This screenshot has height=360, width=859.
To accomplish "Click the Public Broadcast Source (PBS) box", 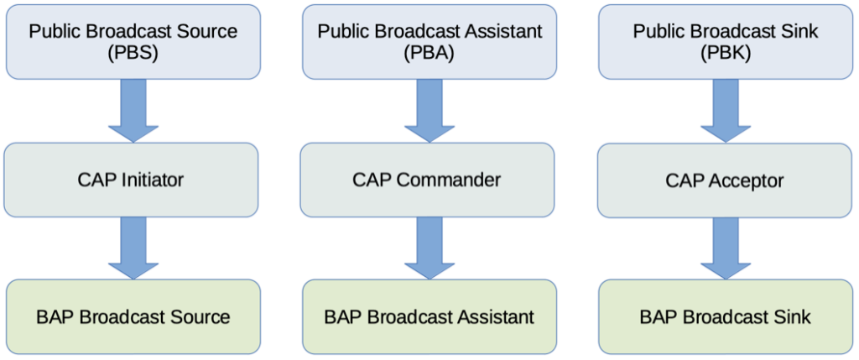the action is point(133,42).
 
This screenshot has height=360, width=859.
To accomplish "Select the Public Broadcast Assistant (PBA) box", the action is point(429,42).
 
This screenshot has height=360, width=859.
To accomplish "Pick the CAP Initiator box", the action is point(131,180).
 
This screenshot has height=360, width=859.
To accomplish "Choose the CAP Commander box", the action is point(427,180).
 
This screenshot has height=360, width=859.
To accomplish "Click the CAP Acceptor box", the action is point(724,180).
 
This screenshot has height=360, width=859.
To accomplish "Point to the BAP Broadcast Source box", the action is point(133,316).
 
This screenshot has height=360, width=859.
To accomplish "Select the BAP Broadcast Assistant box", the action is point(429,316).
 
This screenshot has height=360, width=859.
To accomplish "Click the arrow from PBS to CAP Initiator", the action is point(133,112).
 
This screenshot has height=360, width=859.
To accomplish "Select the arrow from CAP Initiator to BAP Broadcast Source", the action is point(133,248).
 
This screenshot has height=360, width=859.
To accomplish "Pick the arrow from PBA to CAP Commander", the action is point(429,112).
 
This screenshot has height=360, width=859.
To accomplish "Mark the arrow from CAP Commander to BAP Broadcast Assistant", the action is point(429,248).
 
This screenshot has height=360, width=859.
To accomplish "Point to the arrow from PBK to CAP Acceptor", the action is point(726,112).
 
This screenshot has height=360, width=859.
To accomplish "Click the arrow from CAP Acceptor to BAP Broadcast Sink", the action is point(726,248).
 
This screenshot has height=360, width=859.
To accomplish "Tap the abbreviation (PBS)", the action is point(133,55).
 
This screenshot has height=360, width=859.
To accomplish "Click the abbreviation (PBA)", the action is point(429,55).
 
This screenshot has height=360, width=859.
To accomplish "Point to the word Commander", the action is point(449,180).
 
